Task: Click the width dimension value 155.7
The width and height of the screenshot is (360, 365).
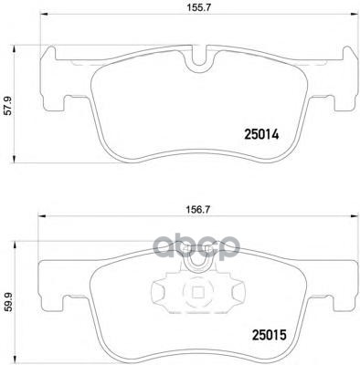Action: click(x=199, y=8)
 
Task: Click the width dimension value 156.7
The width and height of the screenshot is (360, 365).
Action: click(x=199, y=209)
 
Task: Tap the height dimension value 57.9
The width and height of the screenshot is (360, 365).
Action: click(x=8, y=105)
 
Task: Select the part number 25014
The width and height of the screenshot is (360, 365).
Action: click(x=261, y=134)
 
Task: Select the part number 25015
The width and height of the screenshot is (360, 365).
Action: click(x=270, y=335)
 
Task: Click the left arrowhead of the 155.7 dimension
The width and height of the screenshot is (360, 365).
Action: click(x=43, y=14)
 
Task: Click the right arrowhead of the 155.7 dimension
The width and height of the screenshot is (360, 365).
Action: click(x=355, y=14)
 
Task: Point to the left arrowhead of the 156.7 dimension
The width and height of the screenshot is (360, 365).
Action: click(x=40, y=216)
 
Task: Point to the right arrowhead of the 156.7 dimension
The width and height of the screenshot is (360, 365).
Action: click(x=354, y=216)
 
